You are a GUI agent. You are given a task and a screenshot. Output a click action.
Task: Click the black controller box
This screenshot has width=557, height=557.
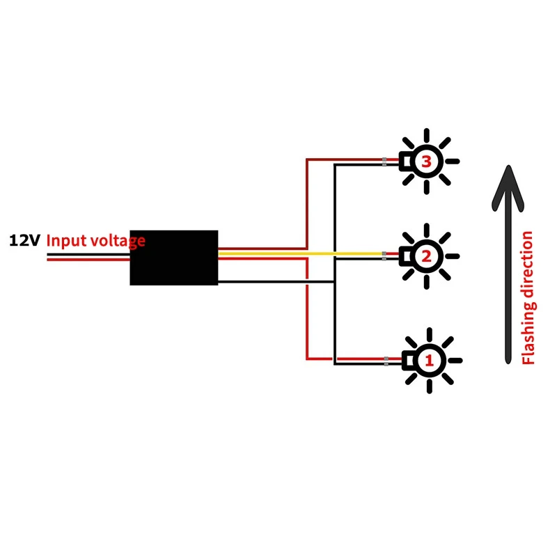pyautogui.click(x=174, y=258)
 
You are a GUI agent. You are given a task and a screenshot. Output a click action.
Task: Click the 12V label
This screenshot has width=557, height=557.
pyautogui.click(x=25, y=241)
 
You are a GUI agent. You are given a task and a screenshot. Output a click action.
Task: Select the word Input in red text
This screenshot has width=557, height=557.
pyautogui.click(x=67, y=242)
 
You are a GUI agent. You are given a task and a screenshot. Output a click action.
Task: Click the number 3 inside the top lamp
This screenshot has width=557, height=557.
pyautogui.click(x=427, y=162)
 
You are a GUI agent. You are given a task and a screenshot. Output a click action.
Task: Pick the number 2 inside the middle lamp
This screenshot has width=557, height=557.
pyautogui.click(x=427, y=256)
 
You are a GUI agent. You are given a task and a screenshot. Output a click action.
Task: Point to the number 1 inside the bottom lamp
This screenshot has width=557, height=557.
pyautogui.click(x=428, y=361)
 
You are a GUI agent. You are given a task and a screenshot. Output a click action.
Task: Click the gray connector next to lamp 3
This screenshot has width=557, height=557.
pyautogui.click(x=384, y=162)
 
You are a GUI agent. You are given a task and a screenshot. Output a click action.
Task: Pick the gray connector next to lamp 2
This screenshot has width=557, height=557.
pyautogui.click(x=384, y=257)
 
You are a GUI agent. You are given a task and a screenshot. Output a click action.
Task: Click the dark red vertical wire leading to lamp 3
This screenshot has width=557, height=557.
pyautogui.click(x=307, y=202)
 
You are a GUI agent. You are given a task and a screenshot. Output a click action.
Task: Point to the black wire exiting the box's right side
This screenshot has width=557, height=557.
pyautogui.click(x=265, y=282)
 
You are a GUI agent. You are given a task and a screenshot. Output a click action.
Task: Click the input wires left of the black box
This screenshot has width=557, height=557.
pyautogui.click(x=87, y=256)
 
